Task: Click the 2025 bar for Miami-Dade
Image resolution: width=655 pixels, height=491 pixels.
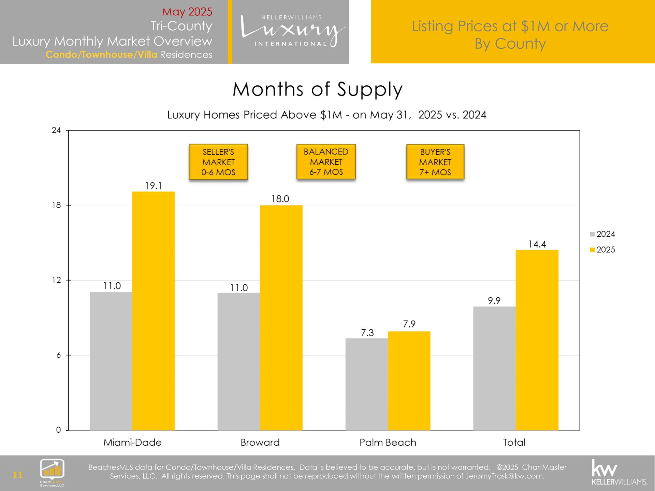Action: point(153,310)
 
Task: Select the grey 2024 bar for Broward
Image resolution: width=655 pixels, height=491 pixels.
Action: point(238,361)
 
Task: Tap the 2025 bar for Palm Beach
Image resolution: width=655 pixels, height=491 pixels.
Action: point(409,380)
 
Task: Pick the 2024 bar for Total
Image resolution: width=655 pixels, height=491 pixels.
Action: point(494,368)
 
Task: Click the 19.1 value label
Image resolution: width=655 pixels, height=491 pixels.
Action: point(154,186)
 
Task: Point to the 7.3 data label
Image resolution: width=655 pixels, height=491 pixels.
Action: point(367,332)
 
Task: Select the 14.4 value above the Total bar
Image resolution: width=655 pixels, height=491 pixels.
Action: point(537,244)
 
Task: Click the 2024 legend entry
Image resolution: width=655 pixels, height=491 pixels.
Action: point(602,234)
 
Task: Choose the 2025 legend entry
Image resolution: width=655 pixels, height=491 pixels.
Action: point(602,250)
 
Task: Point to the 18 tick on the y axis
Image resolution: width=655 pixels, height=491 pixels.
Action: point(56,205)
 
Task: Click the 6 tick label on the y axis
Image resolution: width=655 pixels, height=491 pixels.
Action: point(58,355)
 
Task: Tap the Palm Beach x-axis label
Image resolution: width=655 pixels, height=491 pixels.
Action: point(388,442)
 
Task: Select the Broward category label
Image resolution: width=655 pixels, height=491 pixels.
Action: point(260,442)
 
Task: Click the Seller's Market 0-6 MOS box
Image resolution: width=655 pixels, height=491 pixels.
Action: point(218,162)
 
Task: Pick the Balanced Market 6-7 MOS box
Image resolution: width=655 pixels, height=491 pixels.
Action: point(326,162)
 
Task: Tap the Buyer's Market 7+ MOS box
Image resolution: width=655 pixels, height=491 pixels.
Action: point(435,162)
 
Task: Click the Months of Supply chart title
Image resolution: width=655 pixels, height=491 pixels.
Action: point(318,89)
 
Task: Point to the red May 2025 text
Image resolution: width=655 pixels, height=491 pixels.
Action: point(187,12)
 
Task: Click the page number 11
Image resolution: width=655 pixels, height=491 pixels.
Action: point(17,474)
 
